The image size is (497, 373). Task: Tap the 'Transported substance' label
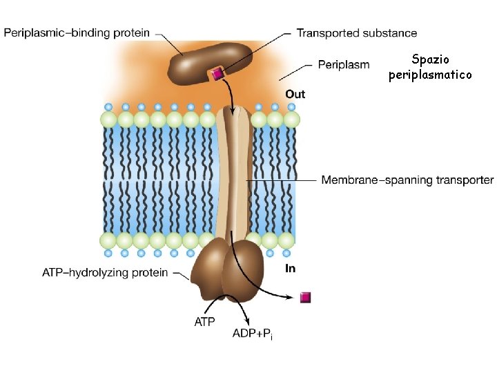[x=356, y=32]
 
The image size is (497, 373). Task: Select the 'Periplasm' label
[x=344, y=65]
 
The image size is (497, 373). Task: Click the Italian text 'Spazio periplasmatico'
[x=430, y=67]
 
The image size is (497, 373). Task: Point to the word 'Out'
[x=295, y=94]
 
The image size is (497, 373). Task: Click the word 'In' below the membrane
[x=290, y=268]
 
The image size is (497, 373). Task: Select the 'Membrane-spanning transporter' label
[x=407, y=180]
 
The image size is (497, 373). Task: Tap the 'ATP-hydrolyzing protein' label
[x=105, y=272]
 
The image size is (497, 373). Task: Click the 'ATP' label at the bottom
[x=204, y=321]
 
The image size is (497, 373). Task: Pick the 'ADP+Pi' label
[x=252, y=334]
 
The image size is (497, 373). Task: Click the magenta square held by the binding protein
[x=217, y=74]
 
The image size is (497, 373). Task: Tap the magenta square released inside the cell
[x=306, y=297]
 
